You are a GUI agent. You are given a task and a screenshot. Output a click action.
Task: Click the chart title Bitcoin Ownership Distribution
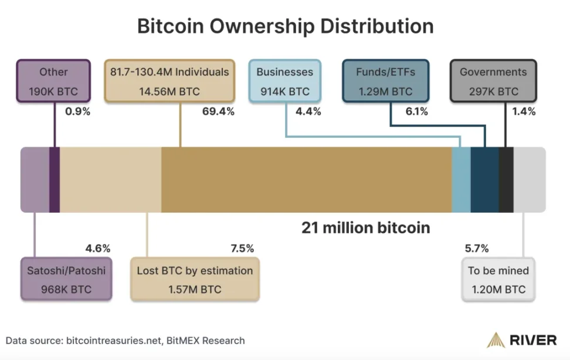[285, 26]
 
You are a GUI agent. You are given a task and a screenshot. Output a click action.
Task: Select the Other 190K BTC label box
[53, 81]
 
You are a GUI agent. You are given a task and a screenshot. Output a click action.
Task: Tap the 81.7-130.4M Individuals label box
[169, 81]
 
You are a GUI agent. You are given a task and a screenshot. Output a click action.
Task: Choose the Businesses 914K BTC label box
[284, 81]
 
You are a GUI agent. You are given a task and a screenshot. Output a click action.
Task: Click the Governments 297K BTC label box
[493, 81]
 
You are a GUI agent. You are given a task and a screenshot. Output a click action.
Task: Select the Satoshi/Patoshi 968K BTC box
[66, 280]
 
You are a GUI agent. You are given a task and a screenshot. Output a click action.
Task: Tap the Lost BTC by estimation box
[195, 280]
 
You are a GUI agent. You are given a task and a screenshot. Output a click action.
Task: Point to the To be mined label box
[498, 280]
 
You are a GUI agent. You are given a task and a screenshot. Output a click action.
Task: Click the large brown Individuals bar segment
[306, 179]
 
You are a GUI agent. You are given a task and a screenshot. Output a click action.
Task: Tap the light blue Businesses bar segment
[461, 179]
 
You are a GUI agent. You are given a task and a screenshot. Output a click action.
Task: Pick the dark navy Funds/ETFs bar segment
[484, 179]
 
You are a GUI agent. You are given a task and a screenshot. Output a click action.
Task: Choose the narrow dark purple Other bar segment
[55, 179]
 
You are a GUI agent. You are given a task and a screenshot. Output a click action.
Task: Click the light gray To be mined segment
[529, 179]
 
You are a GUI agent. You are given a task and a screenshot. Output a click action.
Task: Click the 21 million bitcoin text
[365, 227]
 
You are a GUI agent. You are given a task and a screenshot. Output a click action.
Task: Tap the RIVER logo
[522, 340]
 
